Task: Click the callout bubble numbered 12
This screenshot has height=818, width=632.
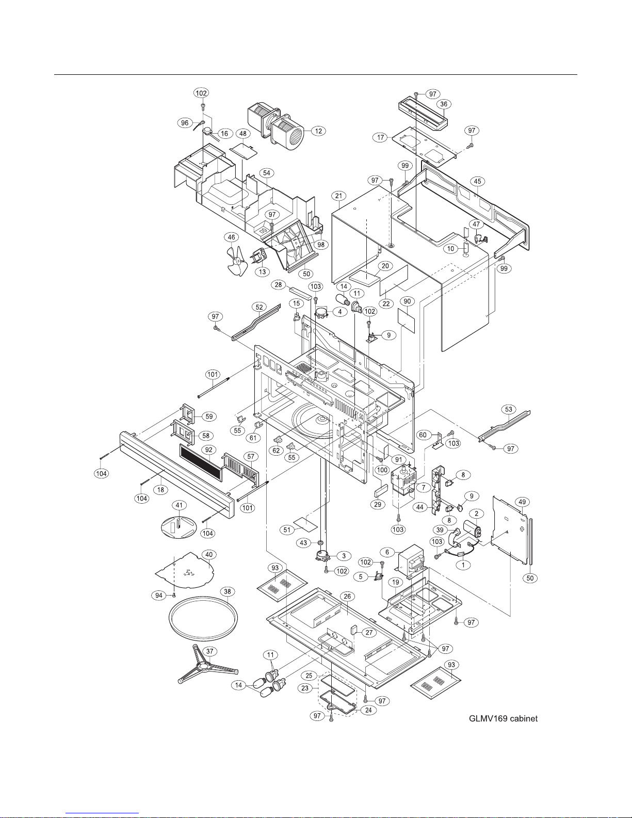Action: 318,131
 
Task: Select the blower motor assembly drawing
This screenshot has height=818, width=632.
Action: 276,125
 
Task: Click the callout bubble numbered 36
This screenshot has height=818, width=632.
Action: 444,104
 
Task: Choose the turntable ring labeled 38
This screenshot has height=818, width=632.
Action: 203,618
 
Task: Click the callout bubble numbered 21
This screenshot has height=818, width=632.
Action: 338,196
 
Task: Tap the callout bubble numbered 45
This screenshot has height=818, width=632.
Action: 477,182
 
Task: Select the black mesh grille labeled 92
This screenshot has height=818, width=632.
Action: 201,462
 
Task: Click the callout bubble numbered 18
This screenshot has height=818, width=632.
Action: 161,490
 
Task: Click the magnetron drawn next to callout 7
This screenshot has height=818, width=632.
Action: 403,482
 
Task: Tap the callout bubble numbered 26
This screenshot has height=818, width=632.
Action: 347,596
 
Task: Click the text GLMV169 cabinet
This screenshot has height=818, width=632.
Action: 503,718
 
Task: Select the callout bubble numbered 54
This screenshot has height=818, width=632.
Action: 267,173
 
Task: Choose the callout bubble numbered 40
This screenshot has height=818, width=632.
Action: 209,554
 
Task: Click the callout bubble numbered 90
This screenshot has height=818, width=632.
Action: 407,301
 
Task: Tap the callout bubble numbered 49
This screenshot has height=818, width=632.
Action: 522,502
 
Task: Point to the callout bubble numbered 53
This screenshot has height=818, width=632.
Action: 509,409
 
